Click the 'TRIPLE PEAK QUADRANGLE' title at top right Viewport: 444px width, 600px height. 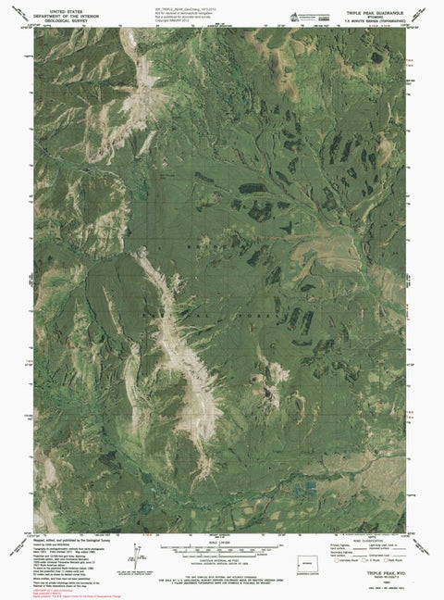point(374,6)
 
